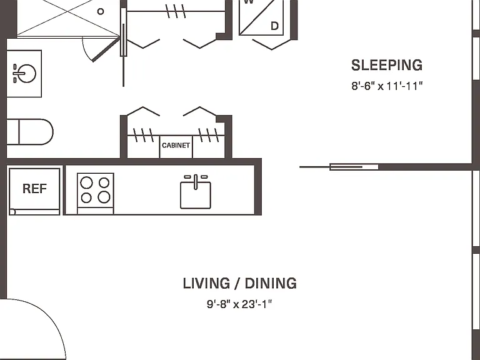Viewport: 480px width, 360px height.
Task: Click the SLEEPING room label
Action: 387,65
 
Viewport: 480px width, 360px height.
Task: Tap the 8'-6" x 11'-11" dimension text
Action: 387,86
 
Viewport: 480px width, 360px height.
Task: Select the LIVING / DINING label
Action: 240,284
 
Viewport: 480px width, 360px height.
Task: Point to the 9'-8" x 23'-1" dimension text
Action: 239,304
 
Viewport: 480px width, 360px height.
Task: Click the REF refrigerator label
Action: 34,189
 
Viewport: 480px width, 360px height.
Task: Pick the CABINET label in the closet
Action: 176,146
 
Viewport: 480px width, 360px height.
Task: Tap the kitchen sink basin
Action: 196,195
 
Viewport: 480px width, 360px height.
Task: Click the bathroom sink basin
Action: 27,74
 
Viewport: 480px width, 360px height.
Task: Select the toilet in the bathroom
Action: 30,132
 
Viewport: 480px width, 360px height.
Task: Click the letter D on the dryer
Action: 274,26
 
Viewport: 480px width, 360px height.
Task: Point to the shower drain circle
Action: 101,12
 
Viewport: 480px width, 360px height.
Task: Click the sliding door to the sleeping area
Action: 339,167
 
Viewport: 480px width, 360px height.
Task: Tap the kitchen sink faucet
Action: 196,181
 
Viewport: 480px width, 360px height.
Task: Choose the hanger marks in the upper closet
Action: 176,11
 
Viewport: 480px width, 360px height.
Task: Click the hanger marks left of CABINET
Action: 143,135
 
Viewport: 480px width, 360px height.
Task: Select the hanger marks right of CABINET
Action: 209,135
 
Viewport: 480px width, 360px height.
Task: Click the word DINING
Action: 271,284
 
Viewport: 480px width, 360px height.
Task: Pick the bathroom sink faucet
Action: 18,74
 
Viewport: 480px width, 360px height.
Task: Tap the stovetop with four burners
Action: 96,191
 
